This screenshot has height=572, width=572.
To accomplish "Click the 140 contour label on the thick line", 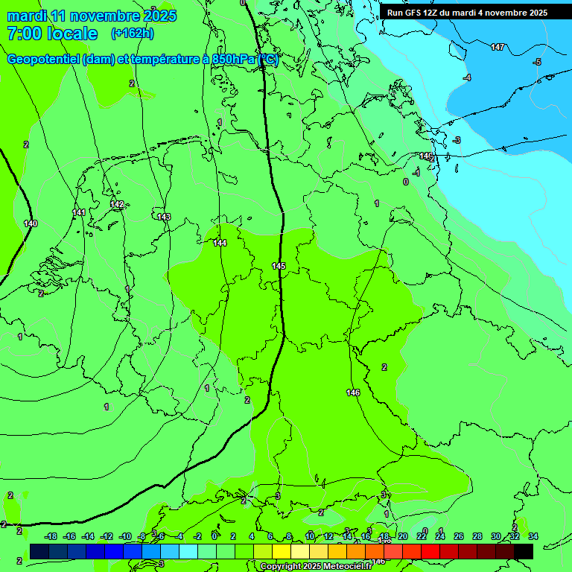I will click(31, 223).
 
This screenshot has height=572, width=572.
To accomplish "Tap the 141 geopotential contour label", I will click(79, 212).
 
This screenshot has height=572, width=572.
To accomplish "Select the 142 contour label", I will click(117, 204).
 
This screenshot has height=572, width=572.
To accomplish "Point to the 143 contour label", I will click(164, 217).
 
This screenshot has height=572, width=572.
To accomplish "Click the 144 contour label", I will click(220, 243).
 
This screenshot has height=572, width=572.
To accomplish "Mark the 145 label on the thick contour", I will click(279, 266).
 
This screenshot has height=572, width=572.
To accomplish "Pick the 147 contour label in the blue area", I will click(498, 47).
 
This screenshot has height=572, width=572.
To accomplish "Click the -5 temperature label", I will click(537, 62).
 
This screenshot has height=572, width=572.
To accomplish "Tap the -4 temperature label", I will click(467, 78).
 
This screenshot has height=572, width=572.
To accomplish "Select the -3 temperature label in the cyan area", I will click(457, 140).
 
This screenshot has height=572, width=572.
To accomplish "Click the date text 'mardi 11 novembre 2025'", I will click(92, 16).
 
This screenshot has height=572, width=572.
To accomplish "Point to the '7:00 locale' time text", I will click(52, 34).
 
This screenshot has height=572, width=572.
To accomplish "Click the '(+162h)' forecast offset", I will click(132, 34).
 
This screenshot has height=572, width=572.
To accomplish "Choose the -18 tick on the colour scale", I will click(51, 536).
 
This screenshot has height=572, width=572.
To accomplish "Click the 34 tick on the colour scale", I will click(533, 536).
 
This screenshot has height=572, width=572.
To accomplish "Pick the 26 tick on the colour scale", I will click(459, 536).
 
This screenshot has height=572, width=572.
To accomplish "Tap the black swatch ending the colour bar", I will click(524, 551).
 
